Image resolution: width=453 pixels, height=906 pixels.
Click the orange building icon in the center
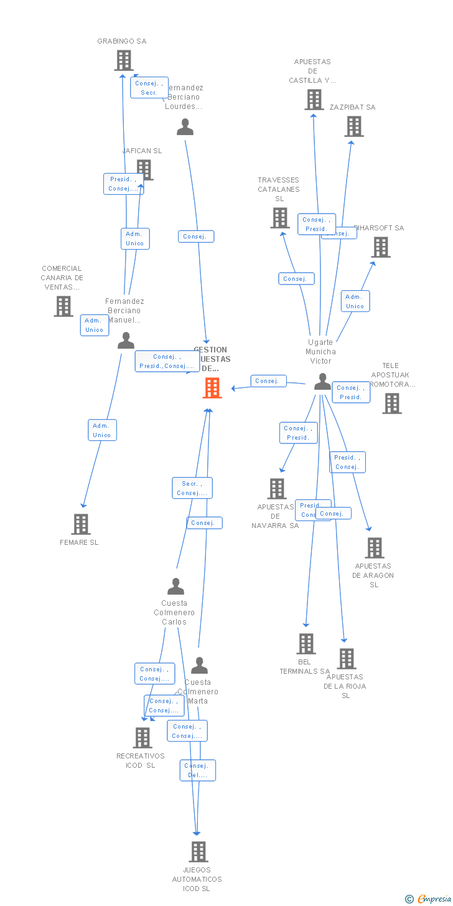[x=212, y=388]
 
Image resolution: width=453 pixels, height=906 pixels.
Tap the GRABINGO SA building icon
[x=124, y=60]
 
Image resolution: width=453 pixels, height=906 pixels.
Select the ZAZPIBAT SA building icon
[x=354, y=126]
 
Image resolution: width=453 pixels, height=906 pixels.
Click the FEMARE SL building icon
[x=81, y=524]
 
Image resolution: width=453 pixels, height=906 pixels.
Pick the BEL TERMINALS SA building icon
[x=306, y=644]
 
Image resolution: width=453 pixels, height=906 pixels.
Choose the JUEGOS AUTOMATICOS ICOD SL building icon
[x=198, y=851]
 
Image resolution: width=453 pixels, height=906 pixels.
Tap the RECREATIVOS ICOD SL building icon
[x=142, y=738]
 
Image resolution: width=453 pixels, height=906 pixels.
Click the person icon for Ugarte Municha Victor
[x=322, y=382]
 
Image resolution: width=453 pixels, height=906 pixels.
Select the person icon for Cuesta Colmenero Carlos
[x=176, y=587]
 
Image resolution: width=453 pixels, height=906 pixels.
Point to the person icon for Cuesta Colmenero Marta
[x=199, y=666]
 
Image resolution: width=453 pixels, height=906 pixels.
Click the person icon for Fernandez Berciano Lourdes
[x=185, y=127]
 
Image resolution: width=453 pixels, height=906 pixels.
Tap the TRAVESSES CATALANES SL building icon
[x=280, y=218]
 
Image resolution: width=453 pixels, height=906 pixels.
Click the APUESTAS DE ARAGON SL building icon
[x=374, y=548]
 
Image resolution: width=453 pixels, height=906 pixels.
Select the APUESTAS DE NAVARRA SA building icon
[x=277, y=489]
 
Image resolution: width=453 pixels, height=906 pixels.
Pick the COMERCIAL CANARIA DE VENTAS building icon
[x=63, y=306]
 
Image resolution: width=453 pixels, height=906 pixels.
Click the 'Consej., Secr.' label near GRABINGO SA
[x=149, y=88]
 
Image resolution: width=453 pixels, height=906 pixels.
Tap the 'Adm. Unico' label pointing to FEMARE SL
[x=102, y=430]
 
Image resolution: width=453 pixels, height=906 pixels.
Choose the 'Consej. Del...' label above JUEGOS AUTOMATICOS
[x=198, y=770]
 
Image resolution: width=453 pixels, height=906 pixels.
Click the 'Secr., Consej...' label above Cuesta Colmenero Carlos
[x=192, y=488]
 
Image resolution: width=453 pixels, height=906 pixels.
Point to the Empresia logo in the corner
[x=429, y=898]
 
